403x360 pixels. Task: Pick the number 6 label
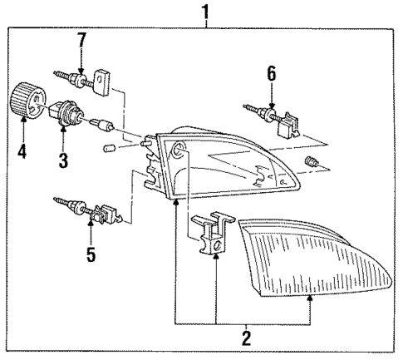tap(270, 73)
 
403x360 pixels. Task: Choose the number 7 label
tap(81, 39)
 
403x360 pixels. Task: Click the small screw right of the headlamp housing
tap(313, 160)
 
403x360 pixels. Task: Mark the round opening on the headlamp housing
tap(178, 150)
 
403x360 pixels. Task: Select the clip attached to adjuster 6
tap(284, 125)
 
